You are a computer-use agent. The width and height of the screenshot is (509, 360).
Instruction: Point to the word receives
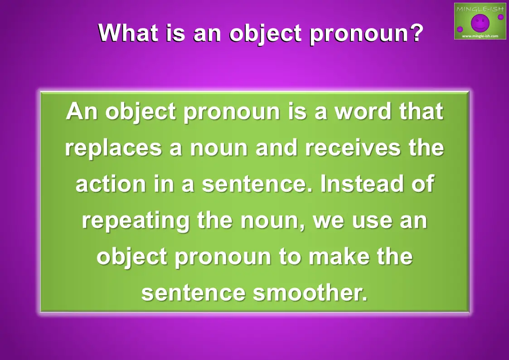point(353,148)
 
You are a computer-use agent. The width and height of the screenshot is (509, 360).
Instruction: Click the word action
point(111,184)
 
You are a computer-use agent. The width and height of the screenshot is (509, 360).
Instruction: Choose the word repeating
point(136,221)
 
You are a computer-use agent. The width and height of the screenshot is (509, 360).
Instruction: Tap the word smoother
point(310,292)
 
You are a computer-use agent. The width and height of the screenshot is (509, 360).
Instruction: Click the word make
point(339,256)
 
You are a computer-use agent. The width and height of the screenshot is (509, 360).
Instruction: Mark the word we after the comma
point(328,221)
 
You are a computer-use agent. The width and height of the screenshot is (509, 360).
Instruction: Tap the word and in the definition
point(276,148)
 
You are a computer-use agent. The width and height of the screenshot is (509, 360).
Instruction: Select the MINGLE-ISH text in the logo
point(480,9)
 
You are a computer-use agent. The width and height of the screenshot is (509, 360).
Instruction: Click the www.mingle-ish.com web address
point(480,36)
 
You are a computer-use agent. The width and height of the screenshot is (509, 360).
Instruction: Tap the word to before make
point(290,257)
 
